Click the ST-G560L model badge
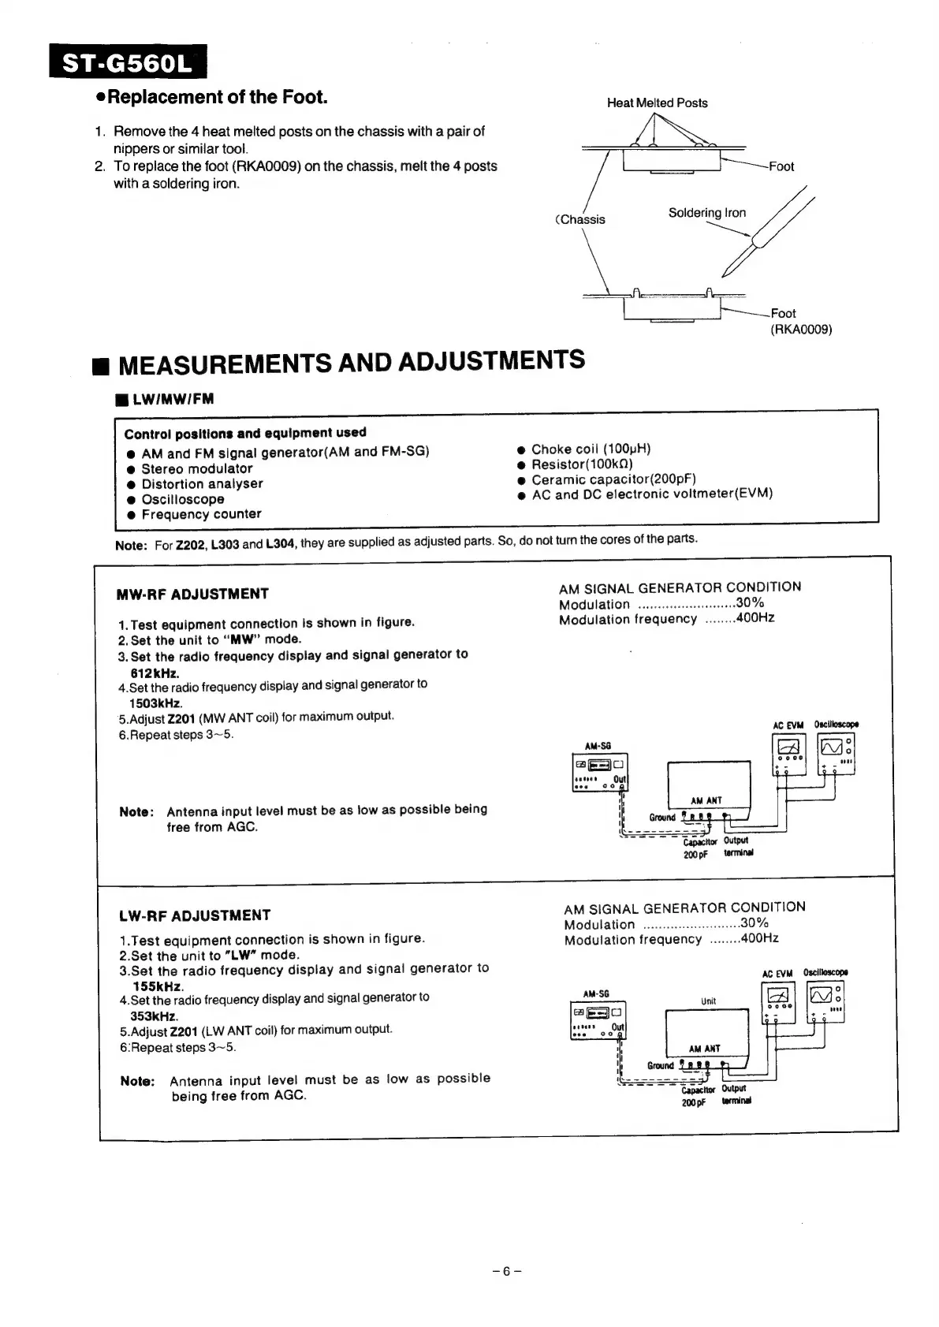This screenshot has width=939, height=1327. click(x=127, y=62)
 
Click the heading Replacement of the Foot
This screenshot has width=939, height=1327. click(x=217, y=97)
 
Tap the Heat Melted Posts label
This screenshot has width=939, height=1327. click(x=657, y=103)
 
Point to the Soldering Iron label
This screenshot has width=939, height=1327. click(x=706, y=213)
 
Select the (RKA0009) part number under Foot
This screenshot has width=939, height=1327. click(x=801, y=330)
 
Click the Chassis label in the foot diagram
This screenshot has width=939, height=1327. click(x=583, y=219)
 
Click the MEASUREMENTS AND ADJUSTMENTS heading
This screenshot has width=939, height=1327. click(x=351, y=362)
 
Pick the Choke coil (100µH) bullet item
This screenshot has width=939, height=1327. click(x=591, y=449)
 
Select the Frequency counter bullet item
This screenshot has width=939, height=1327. click(x=201, y=514)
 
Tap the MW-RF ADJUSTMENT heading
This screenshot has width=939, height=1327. click(x=192, y=594)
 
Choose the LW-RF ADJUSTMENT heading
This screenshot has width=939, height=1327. click(x=195, y=915)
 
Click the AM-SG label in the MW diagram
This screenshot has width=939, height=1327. click(x=598, y=746)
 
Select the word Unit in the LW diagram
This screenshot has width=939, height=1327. click(x=708, y=1001)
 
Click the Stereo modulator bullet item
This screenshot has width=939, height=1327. click(x=196, y=468)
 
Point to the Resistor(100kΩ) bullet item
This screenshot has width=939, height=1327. click(x=582, y=464)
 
